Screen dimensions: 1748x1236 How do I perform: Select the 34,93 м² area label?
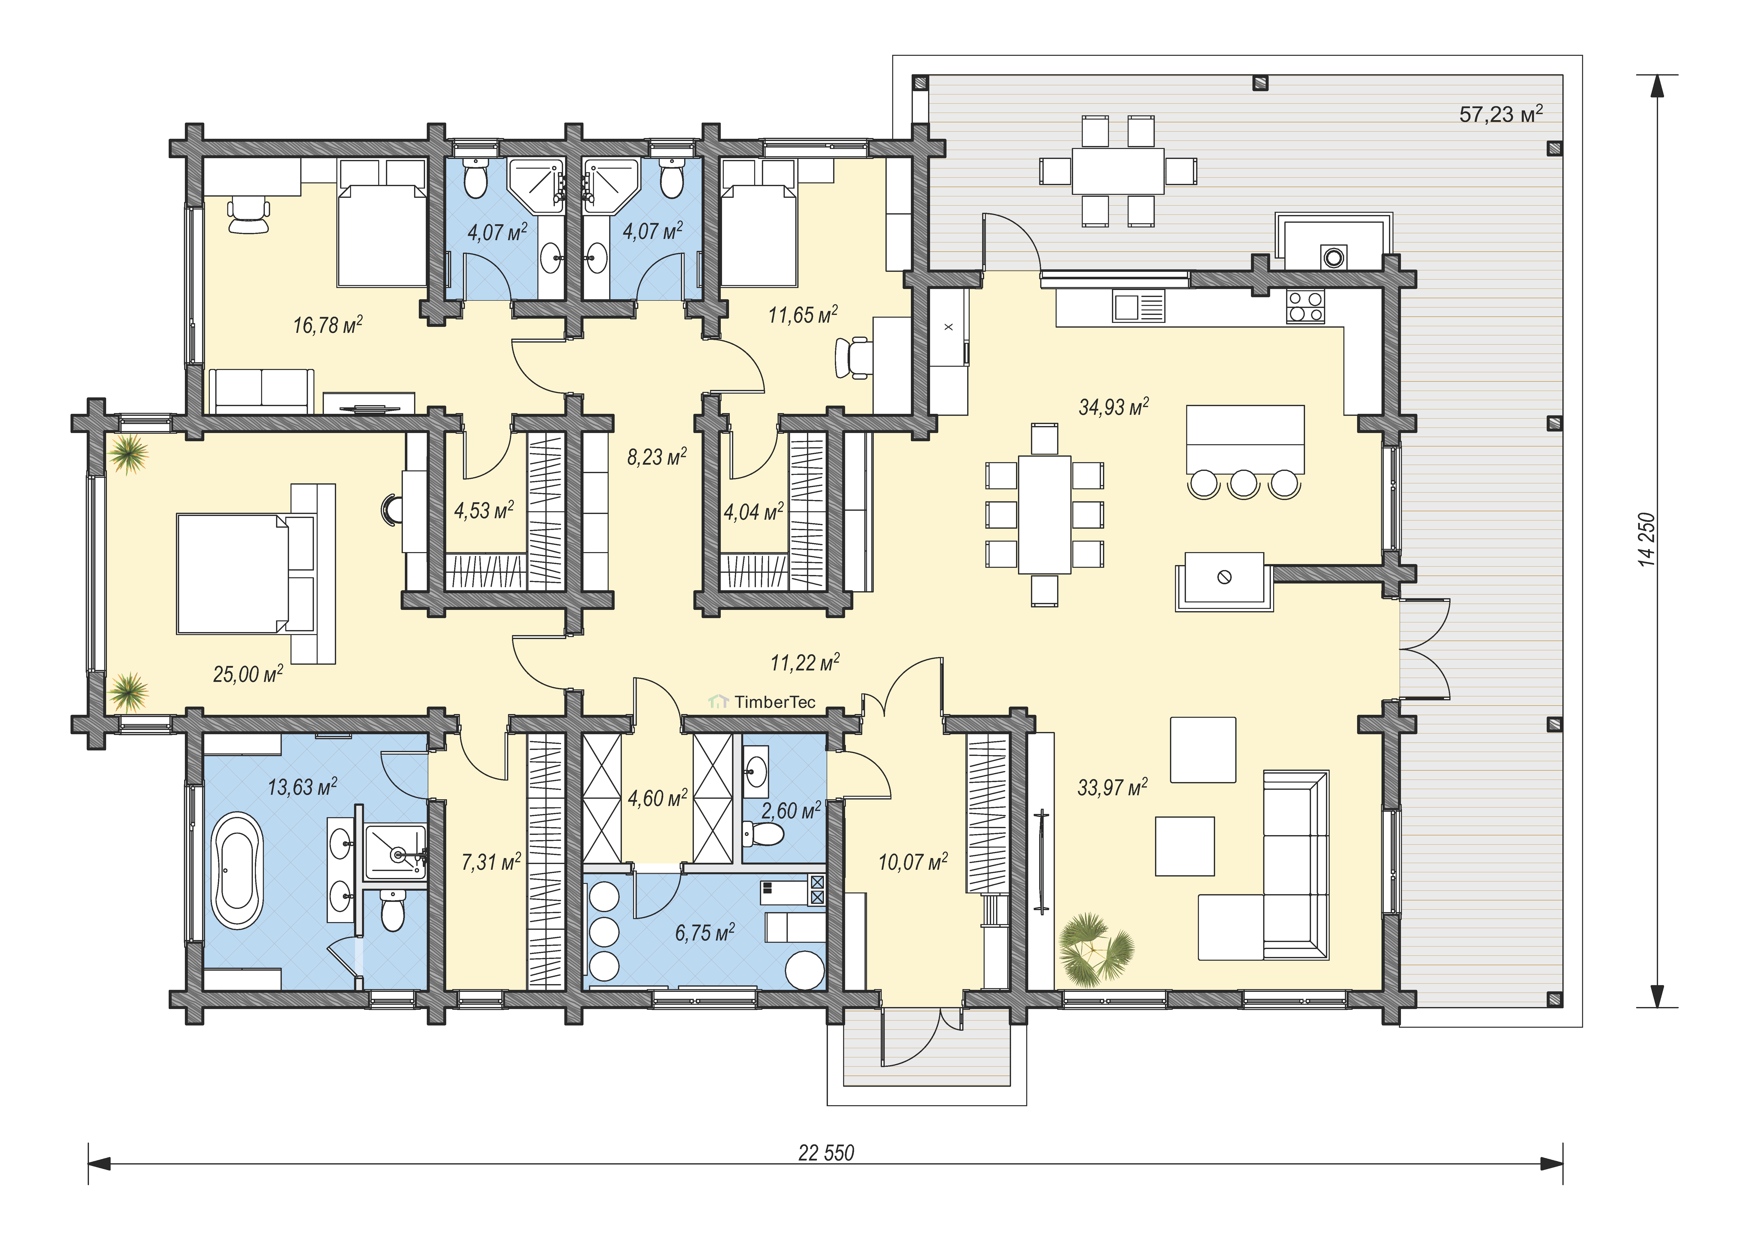point(1113,407)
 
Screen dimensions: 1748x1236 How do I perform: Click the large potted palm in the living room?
point(1096,948)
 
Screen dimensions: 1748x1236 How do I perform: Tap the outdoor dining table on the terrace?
point(1118,171)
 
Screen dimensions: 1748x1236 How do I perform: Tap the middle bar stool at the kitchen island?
point(1244,484)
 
